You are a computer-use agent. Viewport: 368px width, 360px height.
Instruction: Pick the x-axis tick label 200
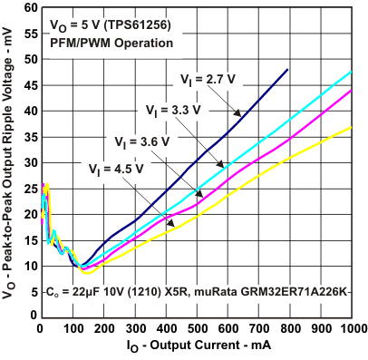click(102, 329)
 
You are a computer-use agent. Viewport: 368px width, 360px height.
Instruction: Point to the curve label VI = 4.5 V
click(111, 167)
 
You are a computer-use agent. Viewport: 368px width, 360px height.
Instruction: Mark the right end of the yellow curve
click(352, 127)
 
